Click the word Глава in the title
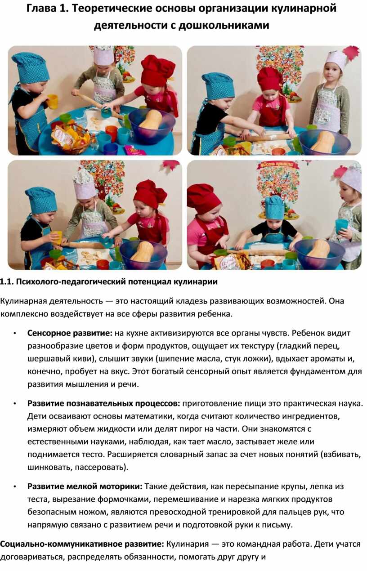point(40,9)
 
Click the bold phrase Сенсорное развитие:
point(70,333)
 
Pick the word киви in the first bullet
point(82,359)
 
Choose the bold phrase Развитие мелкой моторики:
point(85,486)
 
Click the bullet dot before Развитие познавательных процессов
point(15,404)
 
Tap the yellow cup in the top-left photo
point(52,101)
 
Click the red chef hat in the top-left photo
point(157,70)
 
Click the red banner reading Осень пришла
point(275,165)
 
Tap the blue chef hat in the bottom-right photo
point(274,207)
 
